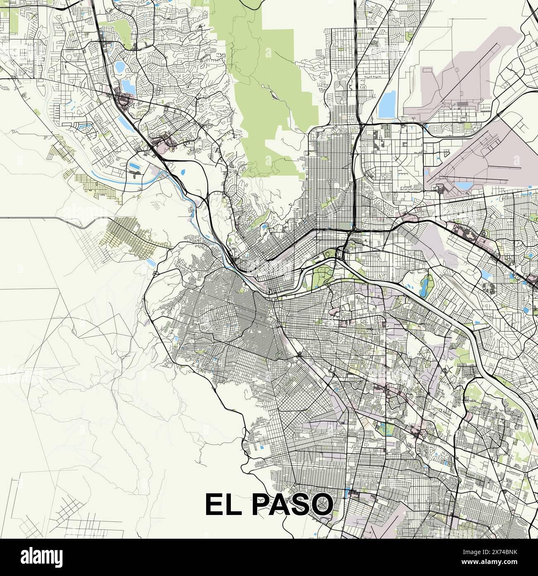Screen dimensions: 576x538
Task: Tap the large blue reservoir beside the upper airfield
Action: pos(387,105)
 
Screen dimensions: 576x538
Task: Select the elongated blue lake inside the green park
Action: pos(424,286)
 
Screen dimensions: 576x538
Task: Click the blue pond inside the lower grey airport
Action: pos(464,185)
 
